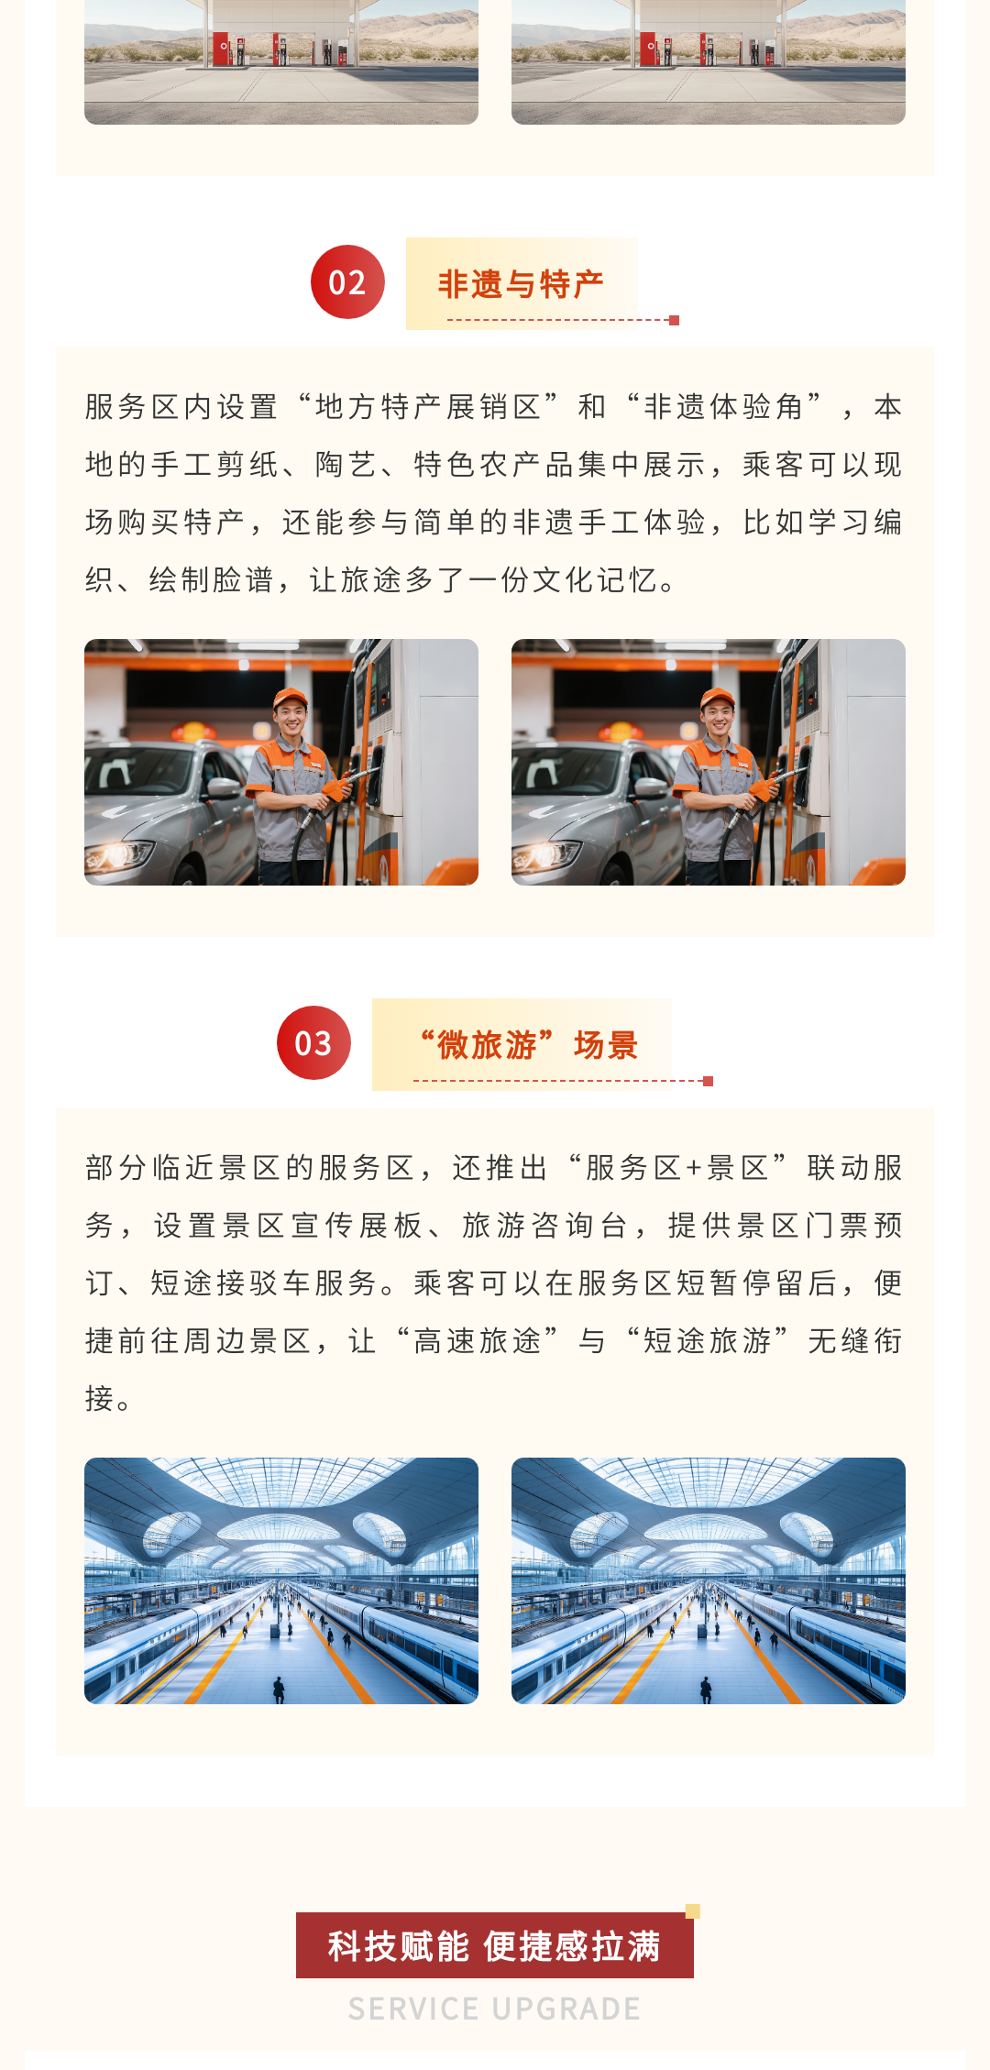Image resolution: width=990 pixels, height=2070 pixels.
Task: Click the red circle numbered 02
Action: (347, 282)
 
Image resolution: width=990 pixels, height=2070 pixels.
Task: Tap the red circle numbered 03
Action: (313, 1043)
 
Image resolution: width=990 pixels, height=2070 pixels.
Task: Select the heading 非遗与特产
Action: (521, 284)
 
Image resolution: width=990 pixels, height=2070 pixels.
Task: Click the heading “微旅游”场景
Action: (528, 1045)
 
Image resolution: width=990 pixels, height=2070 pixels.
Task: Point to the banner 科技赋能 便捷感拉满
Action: (495, 1945)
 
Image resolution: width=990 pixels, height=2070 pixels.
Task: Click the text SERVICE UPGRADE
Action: (494, 2009)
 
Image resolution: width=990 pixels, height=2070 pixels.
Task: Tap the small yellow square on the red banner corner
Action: (693, 1911)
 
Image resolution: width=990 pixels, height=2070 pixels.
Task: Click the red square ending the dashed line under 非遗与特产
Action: (675, 320)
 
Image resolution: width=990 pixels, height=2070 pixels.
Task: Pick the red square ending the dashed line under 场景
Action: (708, 1081)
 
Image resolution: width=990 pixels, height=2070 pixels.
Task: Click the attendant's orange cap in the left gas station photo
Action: (290, 697)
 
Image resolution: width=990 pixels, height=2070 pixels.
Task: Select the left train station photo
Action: (281, 1580)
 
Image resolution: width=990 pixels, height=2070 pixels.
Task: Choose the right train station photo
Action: (709, 1580)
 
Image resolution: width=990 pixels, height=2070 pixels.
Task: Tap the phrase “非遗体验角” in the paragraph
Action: (724, 406)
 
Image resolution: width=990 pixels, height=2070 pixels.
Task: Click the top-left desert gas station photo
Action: (281, 61)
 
